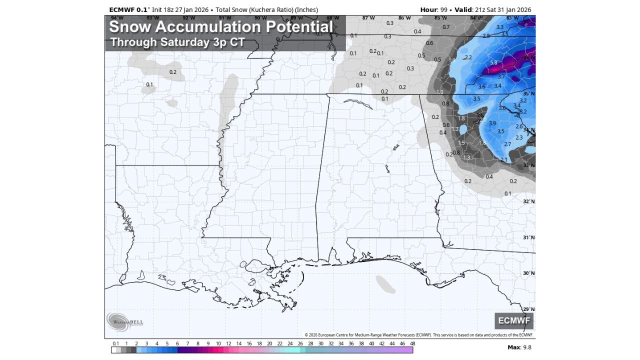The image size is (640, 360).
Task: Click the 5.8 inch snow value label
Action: click(x=493, y=63)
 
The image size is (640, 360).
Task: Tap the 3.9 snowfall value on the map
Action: click(x=492, y=123)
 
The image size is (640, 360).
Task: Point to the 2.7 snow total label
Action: click(x=507, y=144)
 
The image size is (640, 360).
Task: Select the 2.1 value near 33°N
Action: click(x=503, y=160)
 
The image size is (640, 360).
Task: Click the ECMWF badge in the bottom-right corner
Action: click(x=514, y=321)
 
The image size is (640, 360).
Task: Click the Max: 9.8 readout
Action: click(x=519, y=347)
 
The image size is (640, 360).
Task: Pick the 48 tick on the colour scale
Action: click(x=412, y=344)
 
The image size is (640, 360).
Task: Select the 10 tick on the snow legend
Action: click(x=218, y=344)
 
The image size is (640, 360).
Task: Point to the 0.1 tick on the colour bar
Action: click(x=115, y=344)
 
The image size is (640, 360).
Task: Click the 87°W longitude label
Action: click(x=368, y=18)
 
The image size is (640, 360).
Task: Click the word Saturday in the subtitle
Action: click(x=182, y=42)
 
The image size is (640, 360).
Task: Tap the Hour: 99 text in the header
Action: click(x=433, y=9)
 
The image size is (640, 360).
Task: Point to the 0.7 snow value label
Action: click(x=446, y=27)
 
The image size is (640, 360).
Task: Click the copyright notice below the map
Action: click(x=418, y=335)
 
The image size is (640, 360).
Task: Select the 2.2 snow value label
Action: click(x=468, y=57)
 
